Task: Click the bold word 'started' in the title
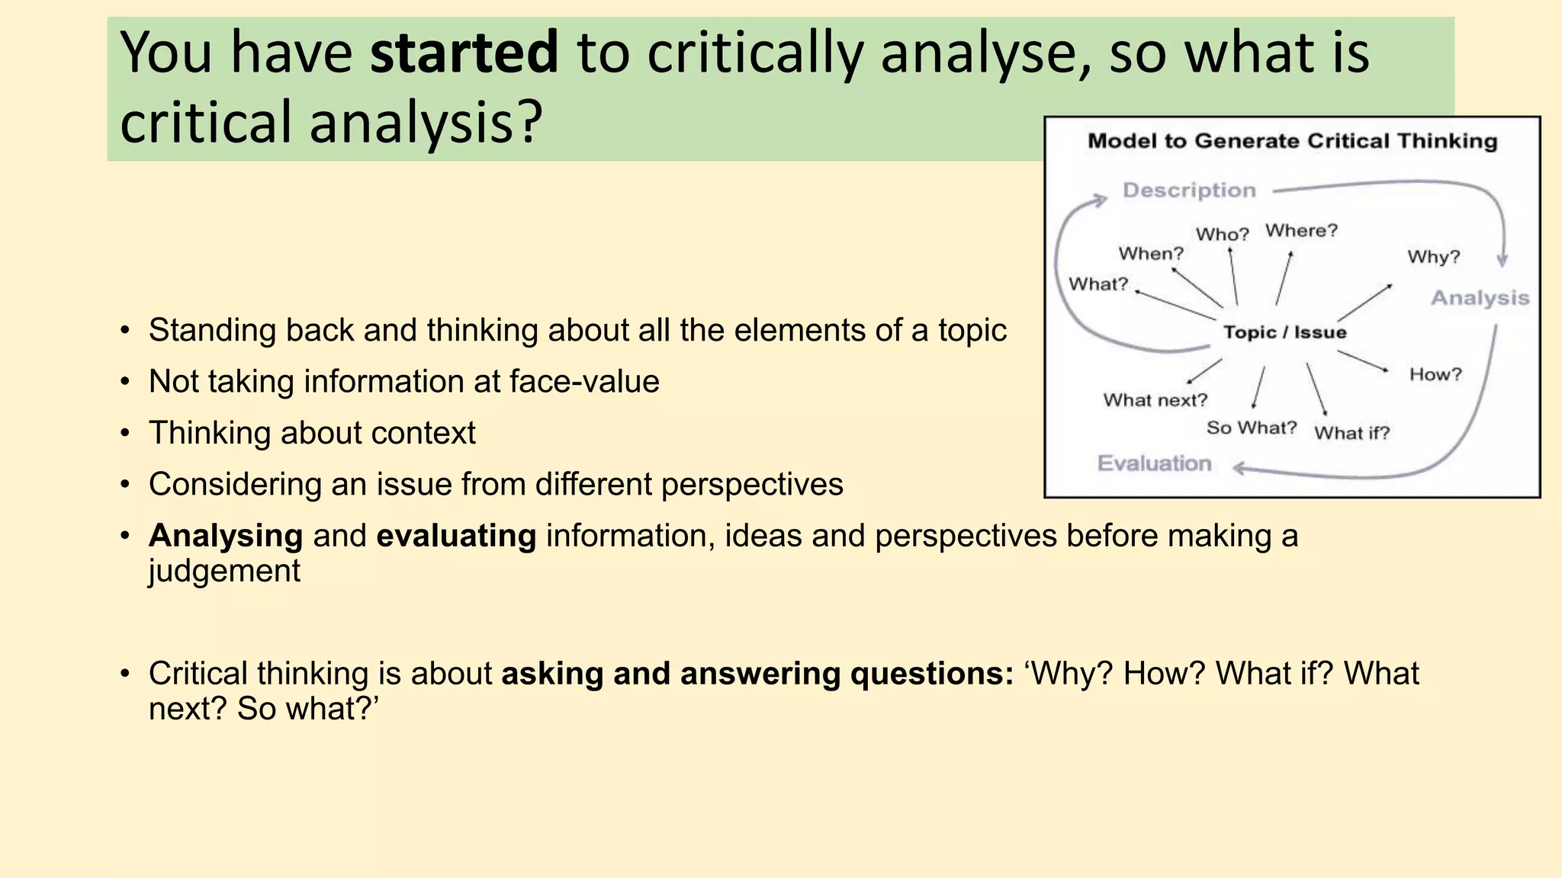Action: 464,52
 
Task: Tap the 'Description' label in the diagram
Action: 1188,191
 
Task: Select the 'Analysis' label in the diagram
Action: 1480,298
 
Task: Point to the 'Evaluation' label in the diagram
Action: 1154,463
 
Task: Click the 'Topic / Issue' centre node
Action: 1284,332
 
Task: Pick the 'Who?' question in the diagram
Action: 1222,234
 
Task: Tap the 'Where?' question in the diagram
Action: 1301,230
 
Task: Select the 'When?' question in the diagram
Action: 1150,253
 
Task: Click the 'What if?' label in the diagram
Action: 1351,433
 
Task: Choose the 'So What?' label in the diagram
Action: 1251,428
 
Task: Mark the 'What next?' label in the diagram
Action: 1155,400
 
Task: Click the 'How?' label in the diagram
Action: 1435,374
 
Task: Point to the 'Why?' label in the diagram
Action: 1433,257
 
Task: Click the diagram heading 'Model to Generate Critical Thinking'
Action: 1292,141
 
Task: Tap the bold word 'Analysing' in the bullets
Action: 226,536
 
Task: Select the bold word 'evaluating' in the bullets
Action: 456,536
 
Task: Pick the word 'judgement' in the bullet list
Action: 224,571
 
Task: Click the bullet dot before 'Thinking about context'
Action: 125,434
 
